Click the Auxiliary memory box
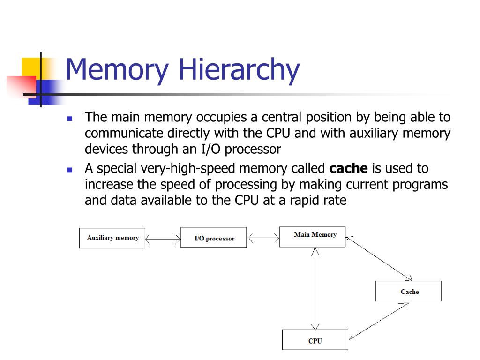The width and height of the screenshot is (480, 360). (112, 238)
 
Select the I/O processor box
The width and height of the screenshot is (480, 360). (213, 238)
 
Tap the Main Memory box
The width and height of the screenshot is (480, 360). (312, 236)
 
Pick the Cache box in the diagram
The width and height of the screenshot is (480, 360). (408, 291)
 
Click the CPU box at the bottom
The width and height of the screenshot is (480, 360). (315, 340)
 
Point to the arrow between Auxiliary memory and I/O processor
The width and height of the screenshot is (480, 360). (163, 240)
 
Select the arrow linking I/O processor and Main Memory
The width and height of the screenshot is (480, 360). (263, 239)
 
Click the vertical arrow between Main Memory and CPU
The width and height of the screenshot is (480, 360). (315, 288)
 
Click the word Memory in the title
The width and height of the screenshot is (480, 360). (117, 69)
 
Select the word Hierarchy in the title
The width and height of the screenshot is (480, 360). (239, 69)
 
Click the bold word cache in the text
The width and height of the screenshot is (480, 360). (349, 168)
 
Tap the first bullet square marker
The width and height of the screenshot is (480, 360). (70, 119)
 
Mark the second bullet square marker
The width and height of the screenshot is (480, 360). (70, 170)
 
